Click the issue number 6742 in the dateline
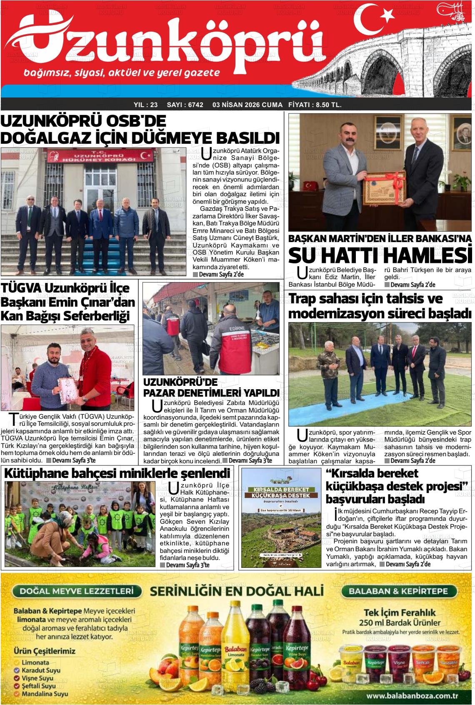[195, 105]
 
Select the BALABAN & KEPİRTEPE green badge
[398, 591]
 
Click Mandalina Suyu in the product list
[45, 694]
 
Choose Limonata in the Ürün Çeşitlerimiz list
[35, 662]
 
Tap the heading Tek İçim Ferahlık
[400, 612]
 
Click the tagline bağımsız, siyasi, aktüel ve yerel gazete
[122, 73]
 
